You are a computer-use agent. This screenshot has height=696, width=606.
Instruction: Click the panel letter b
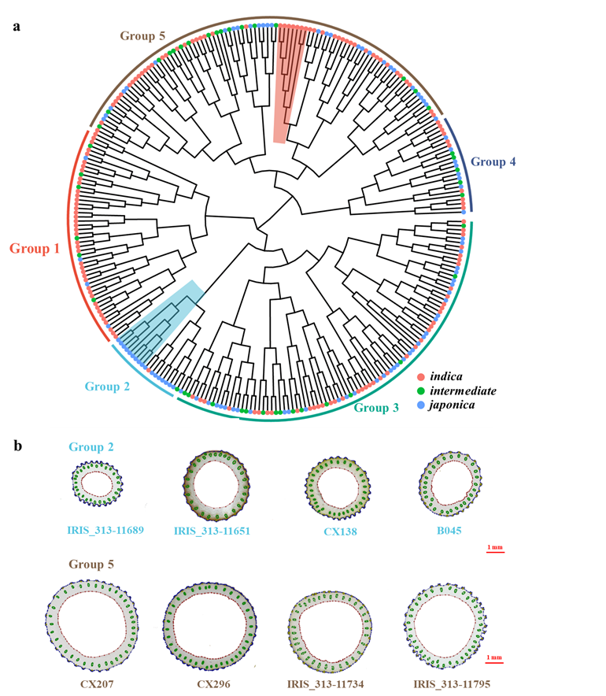[18, 445]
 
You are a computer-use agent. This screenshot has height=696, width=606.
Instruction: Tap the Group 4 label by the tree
[493, 161]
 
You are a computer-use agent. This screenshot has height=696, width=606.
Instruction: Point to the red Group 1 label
[35, 249]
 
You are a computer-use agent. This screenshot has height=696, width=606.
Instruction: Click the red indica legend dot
[422, 379]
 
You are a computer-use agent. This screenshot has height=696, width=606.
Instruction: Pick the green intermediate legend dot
[422, 391]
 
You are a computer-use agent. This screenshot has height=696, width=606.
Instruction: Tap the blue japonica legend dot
[422, 404]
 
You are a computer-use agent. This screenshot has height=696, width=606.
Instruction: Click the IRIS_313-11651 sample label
[212, 531]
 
